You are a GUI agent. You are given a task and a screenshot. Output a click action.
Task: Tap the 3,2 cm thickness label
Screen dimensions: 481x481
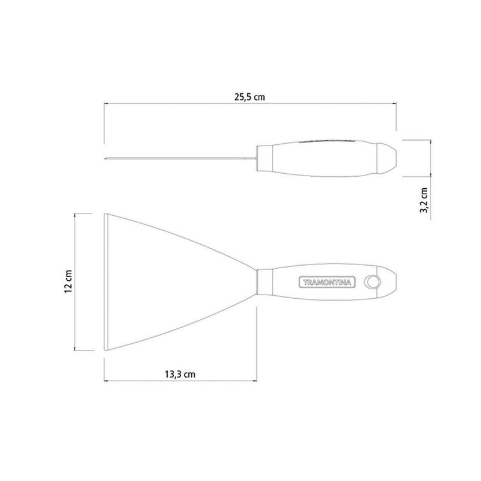[x=424, y=200]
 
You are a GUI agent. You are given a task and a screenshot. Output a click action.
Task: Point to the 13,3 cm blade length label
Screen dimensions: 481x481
[x=180, y=373]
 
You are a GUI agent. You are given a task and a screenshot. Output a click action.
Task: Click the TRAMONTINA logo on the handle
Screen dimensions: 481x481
[x=328, y=281]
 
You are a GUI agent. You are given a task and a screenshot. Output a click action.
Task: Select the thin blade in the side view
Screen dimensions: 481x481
[x=180, y=159]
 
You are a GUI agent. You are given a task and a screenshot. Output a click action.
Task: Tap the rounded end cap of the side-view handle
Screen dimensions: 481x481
[x=387, y=159]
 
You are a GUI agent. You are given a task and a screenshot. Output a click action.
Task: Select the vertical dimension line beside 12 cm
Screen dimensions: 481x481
[x=75, y=281]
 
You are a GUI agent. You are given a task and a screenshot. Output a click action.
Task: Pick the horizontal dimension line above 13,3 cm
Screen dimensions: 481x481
[x=180, y=381]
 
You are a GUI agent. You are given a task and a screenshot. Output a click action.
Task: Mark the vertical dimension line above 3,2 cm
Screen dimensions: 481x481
[x=430, y=159]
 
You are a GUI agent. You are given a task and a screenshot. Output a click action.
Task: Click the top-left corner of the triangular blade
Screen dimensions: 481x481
[x=105, y=213]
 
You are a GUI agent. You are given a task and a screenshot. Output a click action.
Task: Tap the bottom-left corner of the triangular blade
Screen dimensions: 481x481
[x=105, y=350]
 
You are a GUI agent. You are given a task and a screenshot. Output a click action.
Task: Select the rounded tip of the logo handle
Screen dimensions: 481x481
[x=393, y=281]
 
